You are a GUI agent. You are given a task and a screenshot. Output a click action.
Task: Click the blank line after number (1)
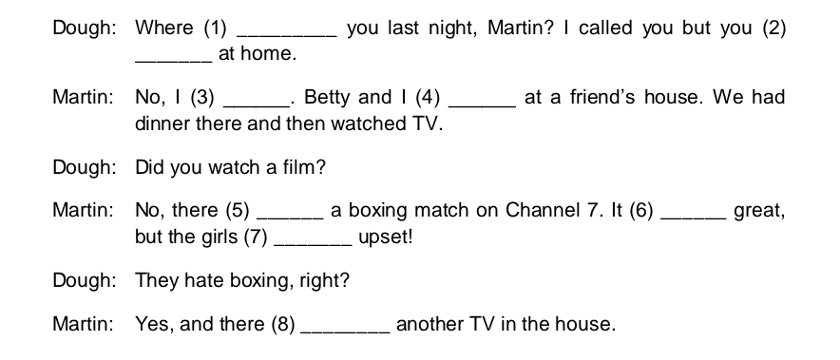click(x=291, y=34)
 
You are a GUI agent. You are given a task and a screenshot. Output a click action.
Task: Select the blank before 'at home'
click(x=174, y=61)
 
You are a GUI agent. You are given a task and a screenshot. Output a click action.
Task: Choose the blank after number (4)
click(x=481, y=104)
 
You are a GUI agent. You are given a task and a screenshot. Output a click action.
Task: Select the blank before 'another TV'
click(x=344, y=332)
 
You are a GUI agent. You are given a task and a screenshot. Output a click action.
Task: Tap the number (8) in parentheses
click(x=282, y=325)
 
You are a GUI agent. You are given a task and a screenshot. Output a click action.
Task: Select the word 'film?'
click(x=306, y=168)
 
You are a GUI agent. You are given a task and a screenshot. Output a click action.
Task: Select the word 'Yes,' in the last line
click(x=154, y=325)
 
